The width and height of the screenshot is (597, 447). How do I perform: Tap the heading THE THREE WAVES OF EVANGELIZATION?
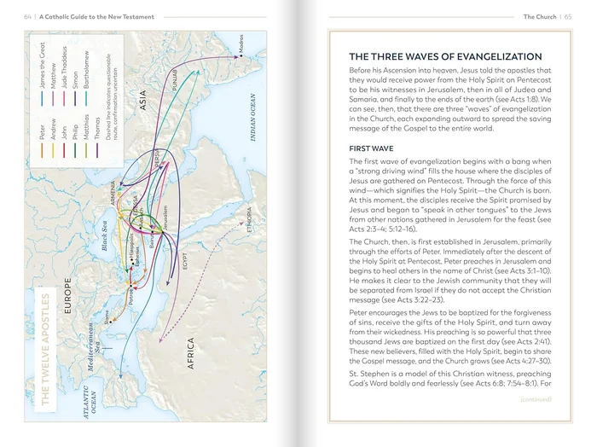pyautogui.click(x=446, y=56)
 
